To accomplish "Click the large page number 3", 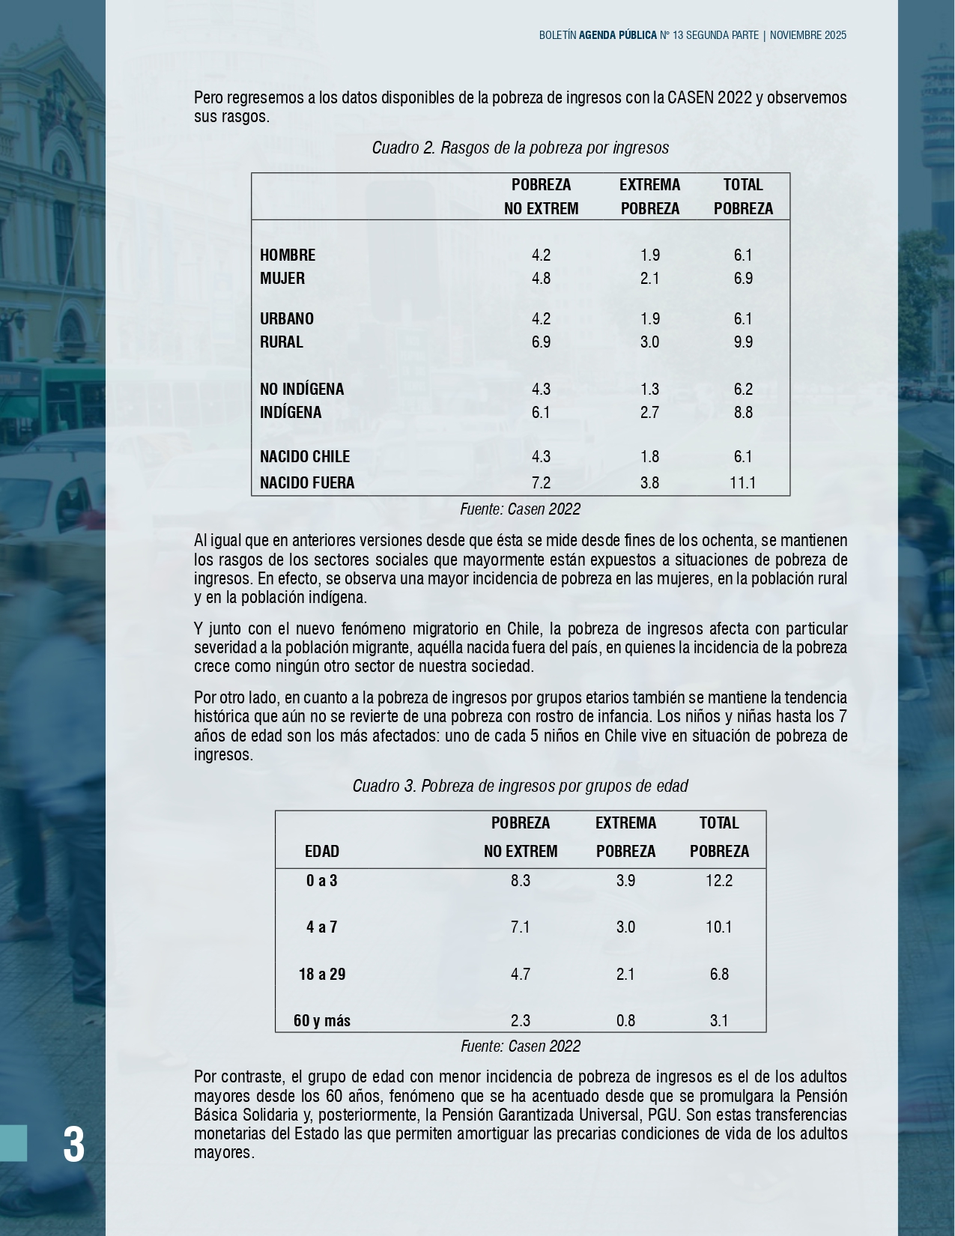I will (x=73, y=1145).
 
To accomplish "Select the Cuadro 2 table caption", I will (x=520, y=148).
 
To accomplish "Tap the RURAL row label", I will (x=282, y=342).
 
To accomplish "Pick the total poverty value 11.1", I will (x=742, y=482).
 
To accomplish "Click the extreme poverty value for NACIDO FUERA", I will (x=649, y=482).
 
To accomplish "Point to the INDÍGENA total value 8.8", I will (x=743, y=412).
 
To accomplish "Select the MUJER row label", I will (x=282, y=278).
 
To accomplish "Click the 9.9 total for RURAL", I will (x=743, y=342).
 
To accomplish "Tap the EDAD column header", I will (x=322, y=851).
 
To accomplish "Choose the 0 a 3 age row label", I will (x=322, y=880).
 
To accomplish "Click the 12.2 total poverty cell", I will (x=719, y=880).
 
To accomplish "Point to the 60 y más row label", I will (x=322, y=1020).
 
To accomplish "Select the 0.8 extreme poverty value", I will (x=625, y=1020).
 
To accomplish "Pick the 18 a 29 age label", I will (x=322, y=974).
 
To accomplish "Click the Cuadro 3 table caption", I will (x=520, y=786).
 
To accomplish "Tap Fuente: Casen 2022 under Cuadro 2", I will (x=520, y=509).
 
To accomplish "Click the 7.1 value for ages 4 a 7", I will (x=520, y=927).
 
